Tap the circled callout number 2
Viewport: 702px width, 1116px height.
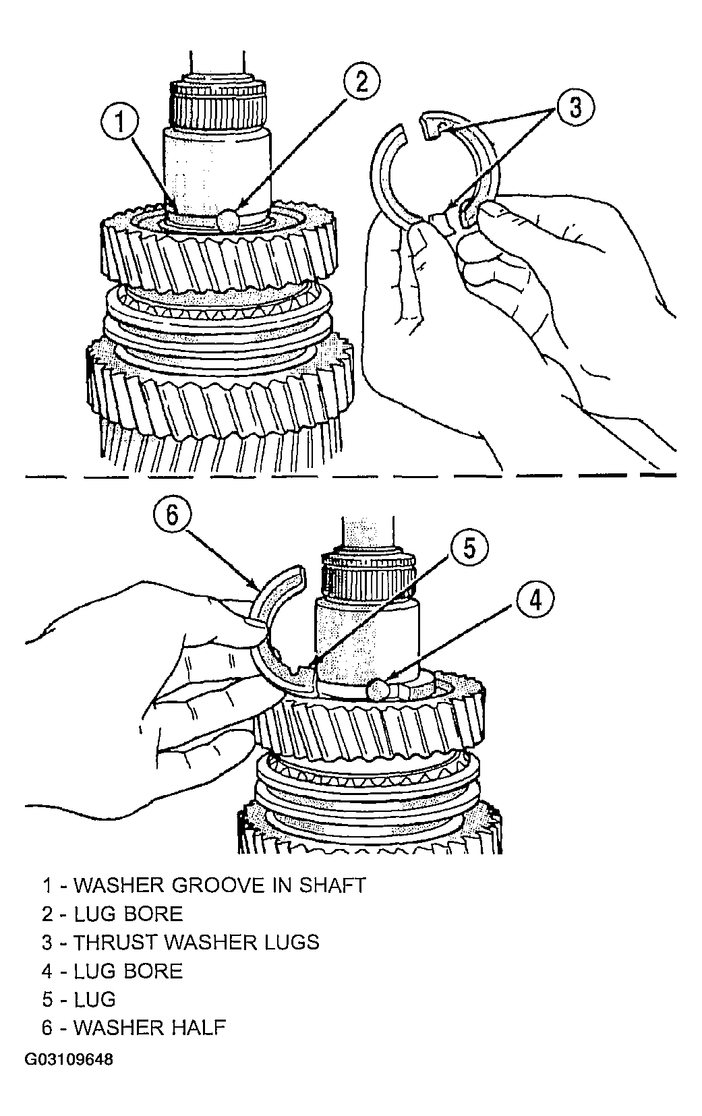361,81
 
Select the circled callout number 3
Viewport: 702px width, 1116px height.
575,107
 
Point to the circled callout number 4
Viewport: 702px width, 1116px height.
535,601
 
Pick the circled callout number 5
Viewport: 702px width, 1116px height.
470,548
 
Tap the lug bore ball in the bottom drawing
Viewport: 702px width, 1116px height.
379,691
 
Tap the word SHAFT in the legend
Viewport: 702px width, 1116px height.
332,885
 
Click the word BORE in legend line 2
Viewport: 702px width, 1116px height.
154,914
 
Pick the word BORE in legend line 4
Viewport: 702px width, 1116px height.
154,971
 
